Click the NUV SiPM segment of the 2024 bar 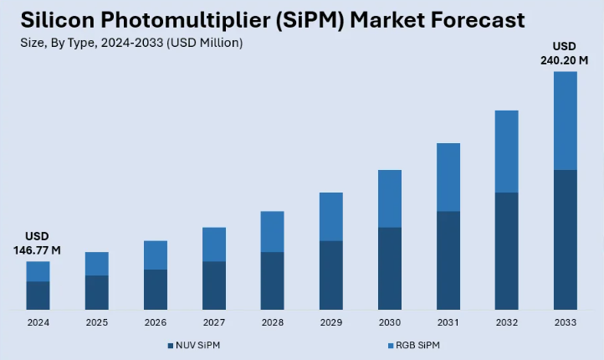tap(38, 296)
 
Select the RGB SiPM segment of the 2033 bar tap(566, 121)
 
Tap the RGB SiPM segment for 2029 tap(331, 216)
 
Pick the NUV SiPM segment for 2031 tap(448, 260)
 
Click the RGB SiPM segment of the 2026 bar tap(156, 255)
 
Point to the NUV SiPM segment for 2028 tap(273, 280)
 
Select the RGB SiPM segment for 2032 tap(507, 152)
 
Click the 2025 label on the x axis tap(97, 322)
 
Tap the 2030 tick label tap(390, 322)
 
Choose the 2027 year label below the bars tap(214, 322)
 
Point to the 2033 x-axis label tap(566, 322)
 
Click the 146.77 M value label tap(38, 250)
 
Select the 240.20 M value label tap(566, 60)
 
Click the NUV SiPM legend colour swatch tap(169, 346)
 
